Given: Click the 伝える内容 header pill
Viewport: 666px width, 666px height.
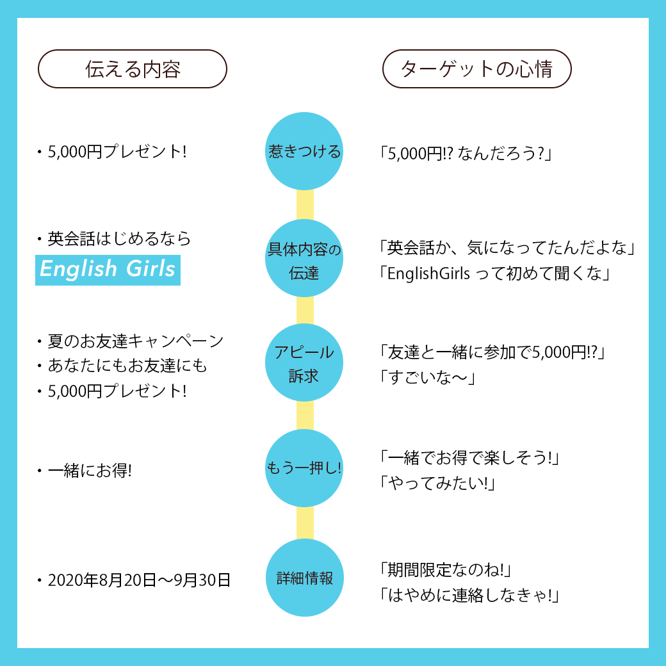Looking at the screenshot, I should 133,69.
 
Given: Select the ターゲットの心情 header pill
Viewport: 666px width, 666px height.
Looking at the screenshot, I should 476,69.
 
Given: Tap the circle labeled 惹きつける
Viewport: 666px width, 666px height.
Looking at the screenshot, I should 304,152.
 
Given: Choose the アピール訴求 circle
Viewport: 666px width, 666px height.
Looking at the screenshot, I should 304,363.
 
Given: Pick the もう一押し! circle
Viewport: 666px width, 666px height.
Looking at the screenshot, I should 304,468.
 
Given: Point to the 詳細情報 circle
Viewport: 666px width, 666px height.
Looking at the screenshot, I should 304,578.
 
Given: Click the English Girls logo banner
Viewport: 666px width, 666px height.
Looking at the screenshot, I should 108,269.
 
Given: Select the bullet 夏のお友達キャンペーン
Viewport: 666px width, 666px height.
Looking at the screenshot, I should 135,341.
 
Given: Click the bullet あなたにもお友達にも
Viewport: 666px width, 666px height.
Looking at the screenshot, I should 127,366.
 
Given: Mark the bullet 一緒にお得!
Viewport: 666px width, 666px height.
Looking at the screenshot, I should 90,471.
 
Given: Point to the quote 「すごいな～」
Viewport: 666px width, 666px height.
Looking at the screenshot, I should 426,378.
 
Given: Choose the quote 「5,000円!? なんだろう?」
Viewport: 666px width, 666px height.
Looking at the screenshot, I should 465,154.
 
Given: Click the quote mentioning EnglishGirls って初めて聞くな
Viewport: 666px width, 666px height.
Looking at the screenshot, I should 493,273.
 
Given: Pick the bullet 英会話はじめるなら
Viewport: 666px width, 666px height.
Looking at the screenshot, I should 119,239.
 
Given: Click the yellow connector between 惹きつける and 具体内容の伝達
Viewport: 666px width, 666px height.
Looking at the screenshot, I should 305,205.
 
